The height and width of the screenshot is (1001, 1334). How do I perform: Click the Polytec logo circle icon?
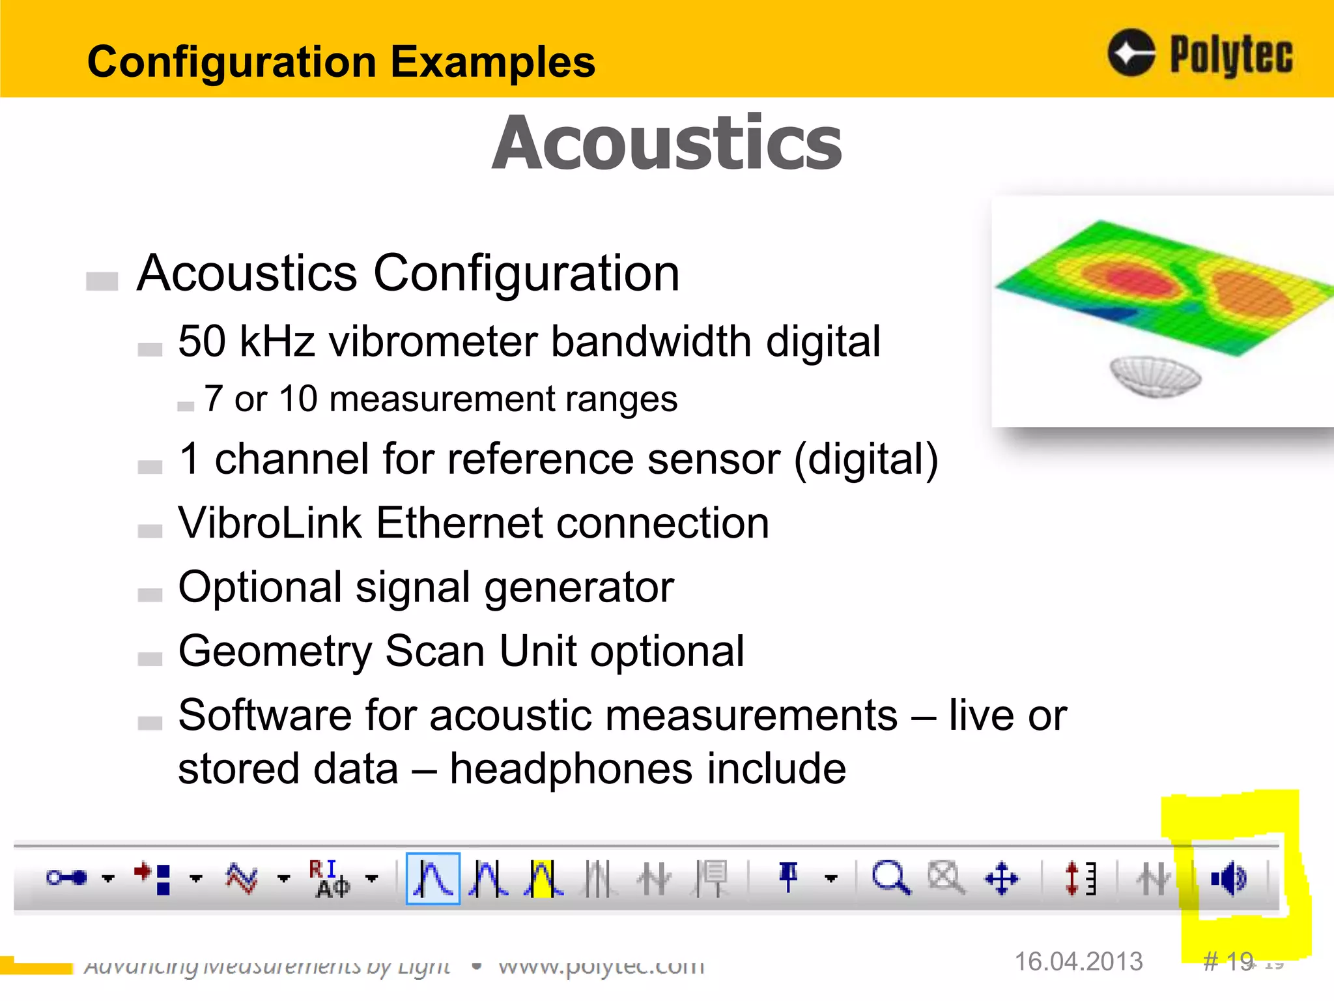(x=1131, y=53)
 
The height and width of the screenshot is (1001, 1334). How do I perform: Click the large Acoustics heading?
(x=666, y=143)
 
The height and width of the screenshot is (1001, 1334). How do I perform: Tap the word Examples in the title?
(x=492, y=62)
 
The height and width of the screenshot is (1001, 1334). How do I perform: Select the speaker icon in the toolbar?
(x=1228, y=879)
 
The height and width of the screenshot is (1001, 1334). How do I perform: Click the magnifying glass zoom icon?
(x=890, y=878)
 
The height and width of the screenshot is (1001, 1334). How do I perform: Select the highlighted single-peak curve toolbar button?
(x=433, y=878)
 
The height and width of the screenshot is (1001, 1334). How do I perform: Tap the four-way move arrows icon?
(x=1001, y=878)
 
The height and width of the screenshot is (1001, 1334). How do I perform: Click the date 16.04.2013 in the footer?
(x=1079, y=961)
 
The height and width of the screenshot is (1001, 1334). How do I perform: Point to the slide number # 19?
(x=1227, y=961)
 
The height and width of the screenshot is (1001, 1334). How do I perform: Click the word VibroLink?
(x=270, y=523)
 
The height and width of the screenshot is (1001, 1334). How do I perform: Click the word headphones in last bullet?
(x=571, y=768)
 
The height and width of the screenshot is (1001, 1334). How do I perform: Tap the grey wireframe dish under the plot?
(x=1155, y=376)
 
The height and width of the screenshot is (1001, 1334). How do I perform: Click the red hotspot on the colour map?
(x=1137, y=280)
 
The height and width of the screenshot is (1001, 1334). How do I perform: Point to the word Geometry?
(x=274, y=651)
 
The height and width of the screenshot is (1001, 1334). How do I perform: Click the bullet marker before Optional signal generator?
(x=150, y=594)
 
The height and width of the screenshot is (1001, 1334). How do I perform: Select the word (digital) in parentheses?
(x=866, y=459)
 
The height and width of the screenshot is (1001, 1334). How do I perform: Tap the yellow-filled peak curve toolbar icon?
(x=542, y=878)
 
